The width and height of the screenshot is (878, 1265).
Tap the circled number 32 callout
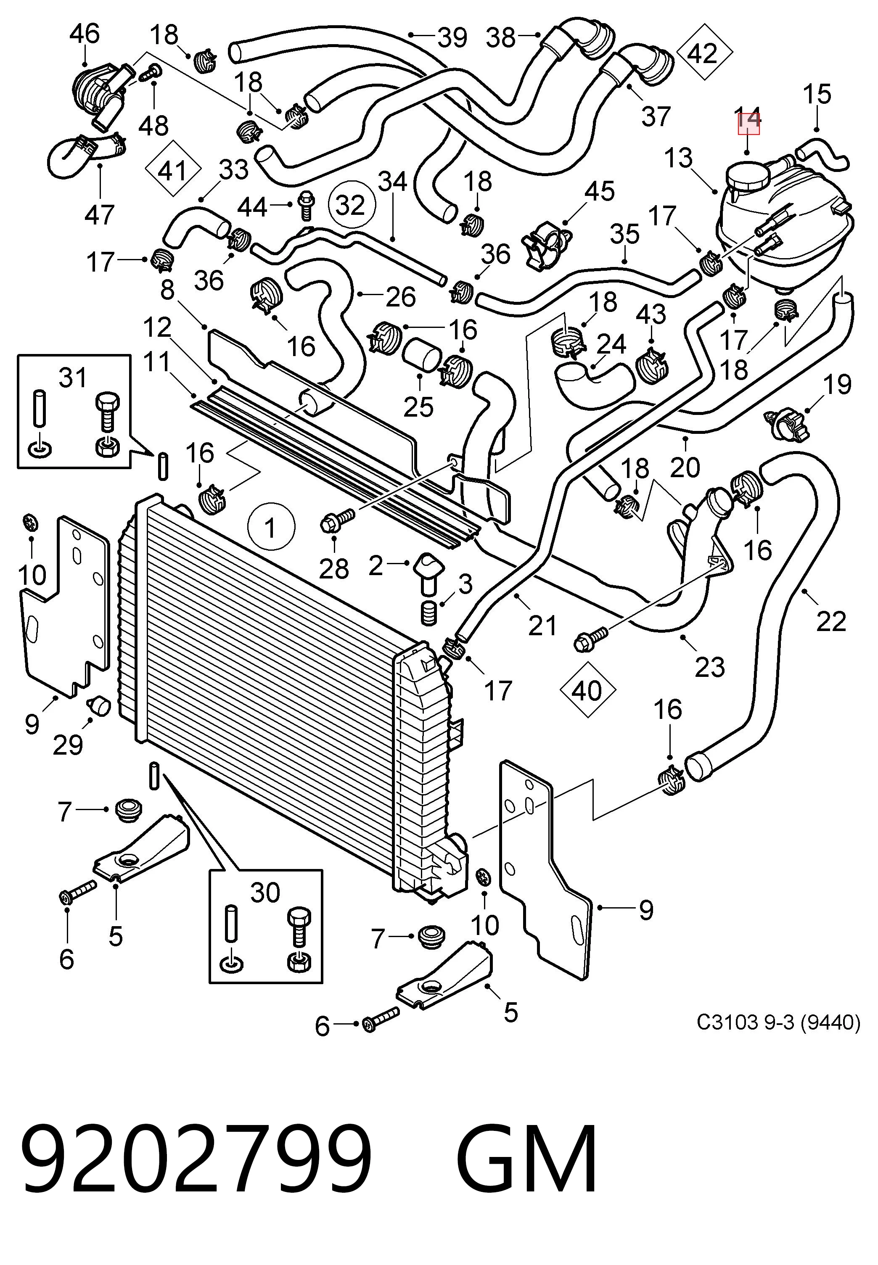coord(351,205)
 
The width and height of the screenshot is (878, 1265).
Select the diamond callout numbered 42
coord(704,53)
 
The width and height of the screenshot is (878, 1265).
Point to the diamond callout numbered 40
coord(587,691)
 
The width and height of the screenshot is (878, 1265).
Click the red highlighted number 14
coord(748,121)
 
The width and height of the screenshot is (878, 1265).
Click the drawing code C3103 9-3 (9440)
coord(778,1022)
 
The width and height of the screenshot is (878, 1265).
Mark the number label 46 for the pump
coord(84,34)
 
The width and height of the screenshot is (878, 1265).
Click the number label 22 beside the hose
coord(830,621)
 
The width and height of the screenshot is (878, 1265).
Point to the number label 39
coord(452,37)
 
